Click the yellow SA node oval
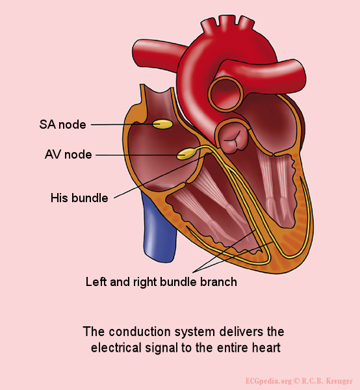[x=162, y=124]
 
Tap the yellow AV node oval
[x=186, y=154]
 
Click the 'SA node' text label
[x=62, y=124]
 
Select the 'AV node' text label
[x=68, y=155]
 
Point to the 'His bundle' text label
[x=79, y=198]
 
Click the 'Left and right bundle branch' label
[x=161, y=282]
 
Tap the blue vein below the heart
[x=159, y=226]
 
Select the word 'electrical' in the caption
[x=116, y=348]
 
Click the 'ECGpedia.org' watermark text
[x=268, y=381]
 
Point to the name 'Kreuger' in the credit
[x=340, y=381]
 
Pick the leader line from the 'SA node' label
[x=122, y=124]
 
